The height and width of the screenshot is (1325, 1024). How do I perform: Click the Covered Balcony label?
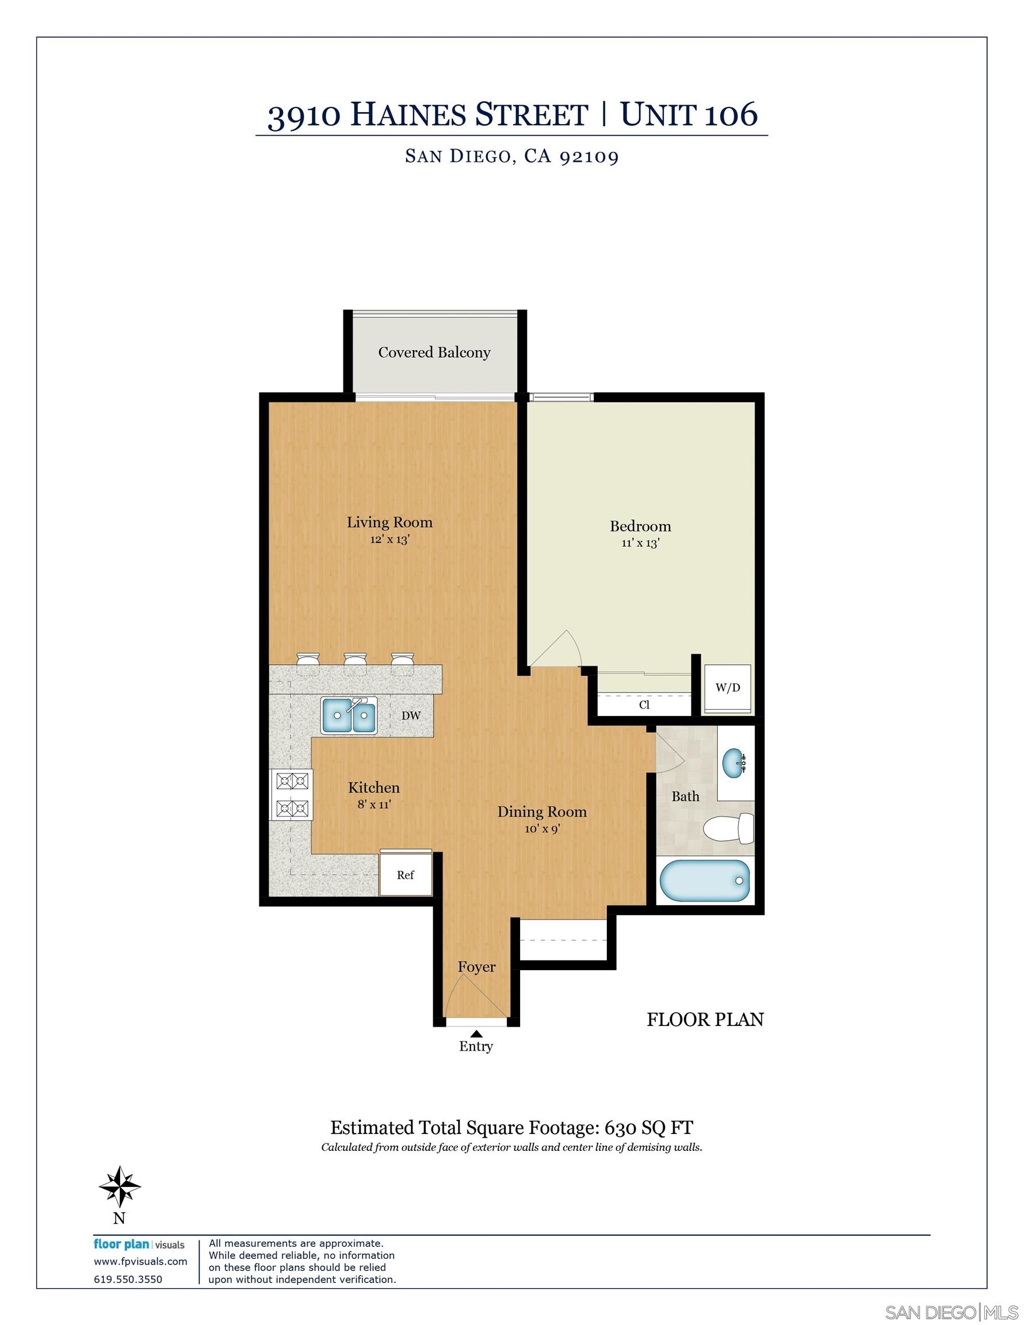[434, 353]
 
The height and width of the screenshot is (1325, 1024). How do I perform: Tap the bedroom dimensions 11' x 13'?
[640, 543]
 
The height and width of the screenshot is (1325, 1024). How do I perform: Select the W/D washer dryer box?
[727, 688]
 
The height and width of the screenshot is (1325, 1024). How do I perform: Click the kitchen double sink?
[350, 715]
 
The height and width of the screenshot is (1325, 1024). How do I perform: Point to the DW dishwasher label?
[411, 716]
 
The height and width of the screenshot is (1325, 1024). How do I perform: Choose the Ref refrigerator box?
[406, 875]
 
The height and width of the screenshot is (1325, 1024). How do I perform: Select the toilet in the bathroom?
[728, 828]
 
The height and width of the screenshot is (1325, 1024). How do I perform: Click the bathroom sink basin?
[735, 763]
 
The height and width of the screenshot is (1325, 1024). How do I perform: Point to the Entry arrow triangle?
[476, 1034]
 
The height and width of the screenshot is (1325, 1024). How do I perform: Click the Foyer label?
[476, 967]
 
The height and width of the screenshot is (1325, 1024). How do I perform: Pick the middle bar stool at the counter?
[355, 662]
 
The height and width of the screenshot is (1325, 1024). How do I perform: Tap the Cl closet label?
[644, 705]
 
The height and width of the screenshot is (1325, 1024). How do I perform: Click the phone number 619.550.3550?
[128, 1279]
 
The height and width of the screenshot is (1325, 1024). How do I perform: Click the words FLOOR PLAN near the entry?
[705, 1019]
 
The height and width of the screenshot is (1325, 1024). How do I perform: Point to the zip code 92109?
[589, 156]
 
